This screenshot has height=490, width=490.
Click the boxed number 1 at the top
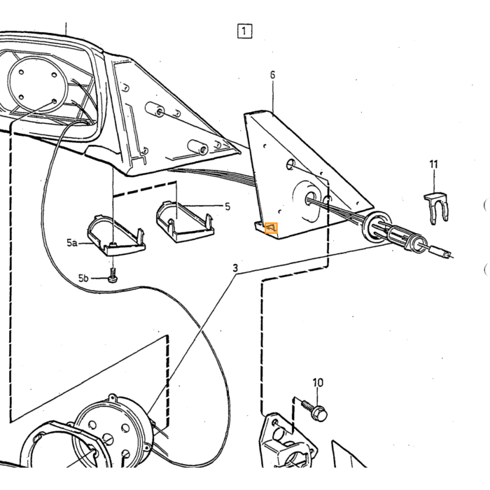click(244, 31)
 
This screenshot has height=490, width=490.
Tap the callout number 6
click(272, 75)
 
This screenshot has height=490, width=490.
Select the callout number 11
click(433, 164)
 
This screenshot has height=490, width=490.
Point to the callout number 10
click(318, 382)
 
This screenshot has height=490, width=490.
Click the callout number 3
click(235, 268)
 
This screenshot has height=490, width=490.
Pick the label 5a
click(72, 242)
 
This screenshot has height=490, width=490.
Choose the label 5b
click(83, 278)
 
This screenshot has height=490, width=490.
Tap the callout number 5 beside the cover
click(227, 206)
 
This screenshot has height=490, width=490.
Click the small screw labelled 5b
click(112, 276)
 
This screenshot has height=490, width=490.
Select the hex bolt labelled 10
click(315, 409)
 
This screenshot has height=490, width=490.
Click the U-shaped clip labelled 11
click(436, 208)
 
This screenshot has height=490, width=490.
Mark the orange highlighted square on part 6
click(271, 228)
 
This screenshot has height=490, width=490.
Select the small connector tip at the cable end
click(441, 252)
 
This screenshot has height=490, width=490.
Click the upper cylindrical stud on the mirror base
click(155, 109)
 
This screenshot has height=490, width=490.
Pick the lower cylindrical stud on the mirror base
click(198, 147)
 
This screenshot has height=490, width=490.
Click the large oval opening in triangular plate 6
click(307, 202)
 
